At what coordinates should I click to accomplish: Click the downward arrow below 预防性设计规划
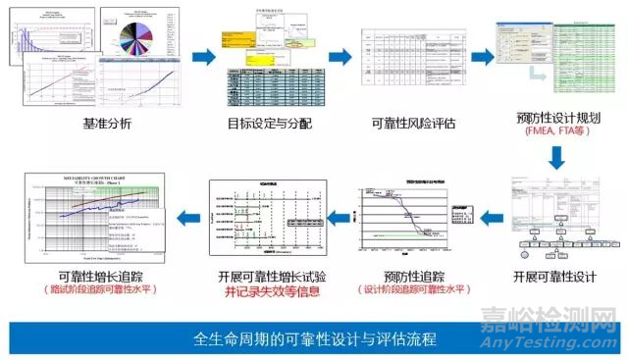(x=554, y=157)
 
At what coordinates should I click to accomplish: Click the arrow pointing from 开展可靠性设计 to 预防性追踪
(x=480, y=214)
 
